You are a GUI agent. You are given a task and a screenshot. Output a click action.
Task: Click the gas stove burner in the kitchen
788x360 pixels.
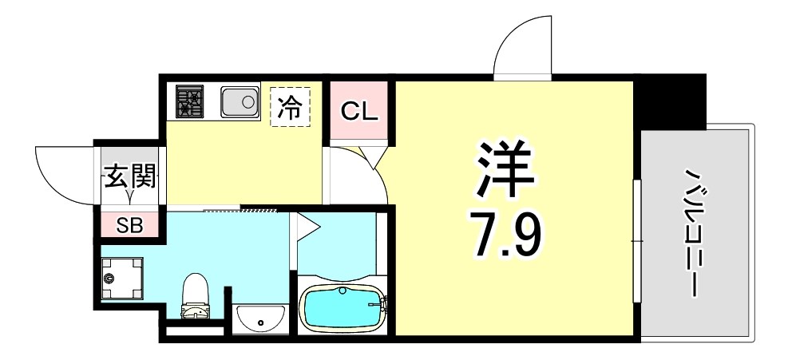(x=190, y=101)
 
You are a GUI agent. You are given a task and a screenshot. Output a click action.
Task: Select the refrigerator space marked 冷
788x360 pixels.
(x=290, y=109)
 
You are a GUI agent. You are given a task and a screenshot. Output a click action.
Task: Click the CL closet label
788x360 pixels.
(x=358, y=111)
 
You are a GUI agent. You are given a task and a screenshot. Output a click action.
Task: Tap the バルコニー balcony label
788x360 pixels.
(x=692, y=231)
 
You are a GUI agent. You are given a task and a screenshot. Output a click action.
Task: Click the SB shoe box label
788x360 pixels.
(x=129, y=225)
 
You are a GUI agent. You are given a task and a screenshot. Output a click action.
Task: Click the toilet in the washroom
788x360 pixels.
(x=194, y=295)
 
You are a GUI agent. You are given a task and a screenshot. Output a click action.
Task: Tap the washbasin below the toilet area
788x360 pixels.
(x=260, y=320)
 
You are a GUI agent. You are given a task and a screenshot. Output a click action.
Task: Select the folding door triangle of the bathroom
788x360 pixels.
(x=307, y=227)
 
